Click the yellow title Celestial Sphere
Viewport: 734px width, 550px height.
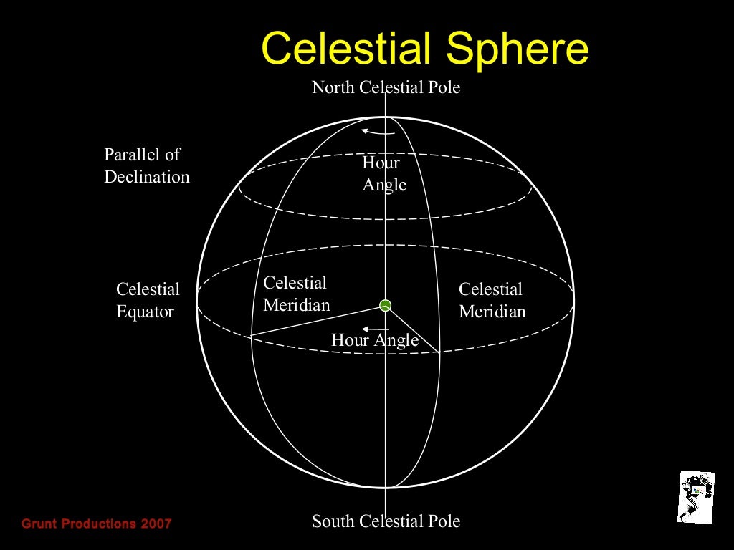pyautogui.click(x=424, y=49)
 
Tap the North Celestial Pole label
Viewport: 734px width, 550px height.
pyautogui.click(x=386, y=87)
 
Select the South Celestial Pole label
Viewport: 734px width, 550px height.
pyautogui.click(x=386, y=521)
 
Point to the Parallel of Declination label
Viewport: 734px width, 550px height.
pyautogui.click(x=146, y=165)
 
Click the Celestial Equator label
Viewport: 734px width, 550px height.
pyautogui.click(x=148, y=301)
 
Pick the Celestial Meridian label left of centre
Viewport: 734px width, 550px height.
pyautogui.click(x=296, y=294)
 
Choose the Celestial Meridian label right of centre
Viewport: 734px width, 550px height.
pyautogui.click(x=492, y=301)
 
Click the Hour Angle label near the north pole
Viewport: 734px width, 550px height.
pyautogui.click(x=384, y=174)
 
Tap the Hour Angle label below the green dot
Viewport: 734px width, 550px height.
pyautogui.click(x=374, y=340)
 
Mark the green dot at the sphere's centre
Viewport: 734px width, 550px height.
pyautogui.click(x=386, y=306)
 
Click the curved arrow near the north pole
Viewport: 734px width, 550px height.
pyautogui.click(x=377, y=132)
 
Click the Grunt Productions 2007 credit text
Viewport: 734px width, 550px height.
pyautogui.click(x=97, y=524)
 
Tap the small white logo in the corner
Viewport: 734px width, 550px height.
pyautogui.click(x=696, y=496)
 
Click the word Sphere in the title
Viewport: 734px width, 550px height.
pyautogui.click(x=517, y=49)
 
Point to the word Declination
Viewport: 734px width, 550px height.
pyautogui.click(x=146, y=177)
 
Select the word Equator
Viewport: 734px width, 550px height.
pyautogui.click(x=145, y=312)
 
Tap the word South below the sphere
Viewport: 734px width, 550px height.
pyautogui.click(x=333, y=521)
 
